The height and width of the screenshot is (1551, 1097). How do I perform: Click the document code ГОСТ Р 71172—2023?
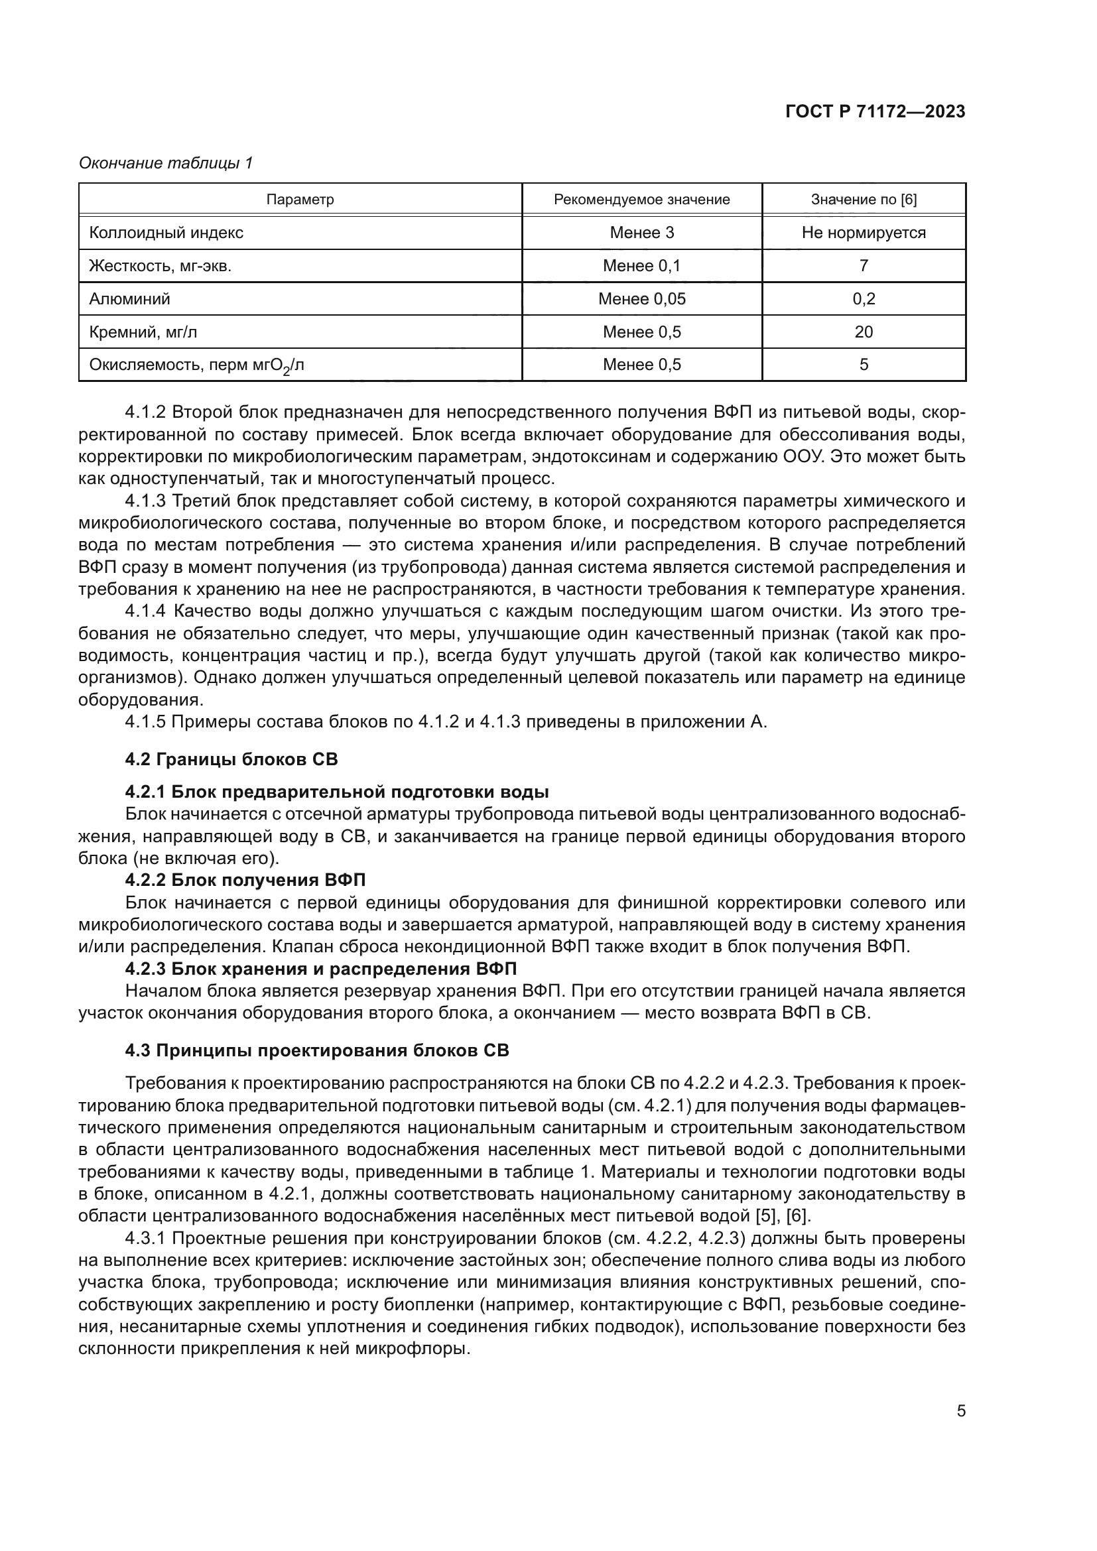coord(875,112)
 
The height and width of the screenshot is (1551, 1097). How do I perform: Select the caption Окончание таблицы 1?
coord(166,163)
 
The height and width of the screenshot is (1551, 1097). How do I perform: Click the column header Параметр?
coord(300,200)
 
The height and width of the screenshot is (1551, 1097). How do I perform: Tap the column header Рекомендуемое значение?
coord(641,200)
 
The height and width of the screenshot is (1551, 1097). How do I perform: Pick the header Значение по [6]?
coord(864,200)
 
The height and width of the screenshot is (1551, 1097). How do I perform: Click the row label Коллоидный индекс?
coord(166,232)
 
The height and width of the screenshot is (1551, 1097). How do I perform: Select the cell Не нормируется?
coord(864,232)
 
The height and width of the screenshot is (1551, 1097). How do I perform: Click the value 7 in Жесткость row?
coord(864,265)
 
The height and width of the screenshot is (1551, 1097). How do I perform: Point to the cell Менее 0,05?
coord(641,298)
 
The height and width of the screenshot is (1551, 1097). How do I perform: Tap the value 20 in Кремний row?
coord(864,332)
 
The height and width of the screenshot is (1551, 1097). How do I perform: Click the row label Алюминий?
coord(130,298)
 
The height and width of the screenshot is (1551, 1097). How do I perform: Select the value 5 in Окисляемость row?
coord(864,365)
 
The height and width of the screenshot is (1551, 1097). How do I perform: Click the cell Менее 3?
coord(641,232)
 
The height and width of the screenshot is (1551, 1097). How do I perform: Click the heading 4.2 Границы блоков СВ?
coord(231,759)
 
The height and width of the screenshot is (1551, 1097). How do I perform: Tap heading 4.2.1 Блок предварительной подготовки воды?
coord(336,792)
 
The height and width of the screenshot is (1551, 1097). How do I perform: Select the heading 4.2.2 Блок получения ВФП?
coord(245,880)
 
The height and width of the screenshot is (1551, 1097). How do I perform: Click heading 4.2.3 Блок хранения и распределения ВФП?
coord(320,969)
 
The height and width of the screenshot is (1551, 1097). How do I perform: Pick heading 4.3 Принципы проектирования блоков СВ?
coord(317,1050)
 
